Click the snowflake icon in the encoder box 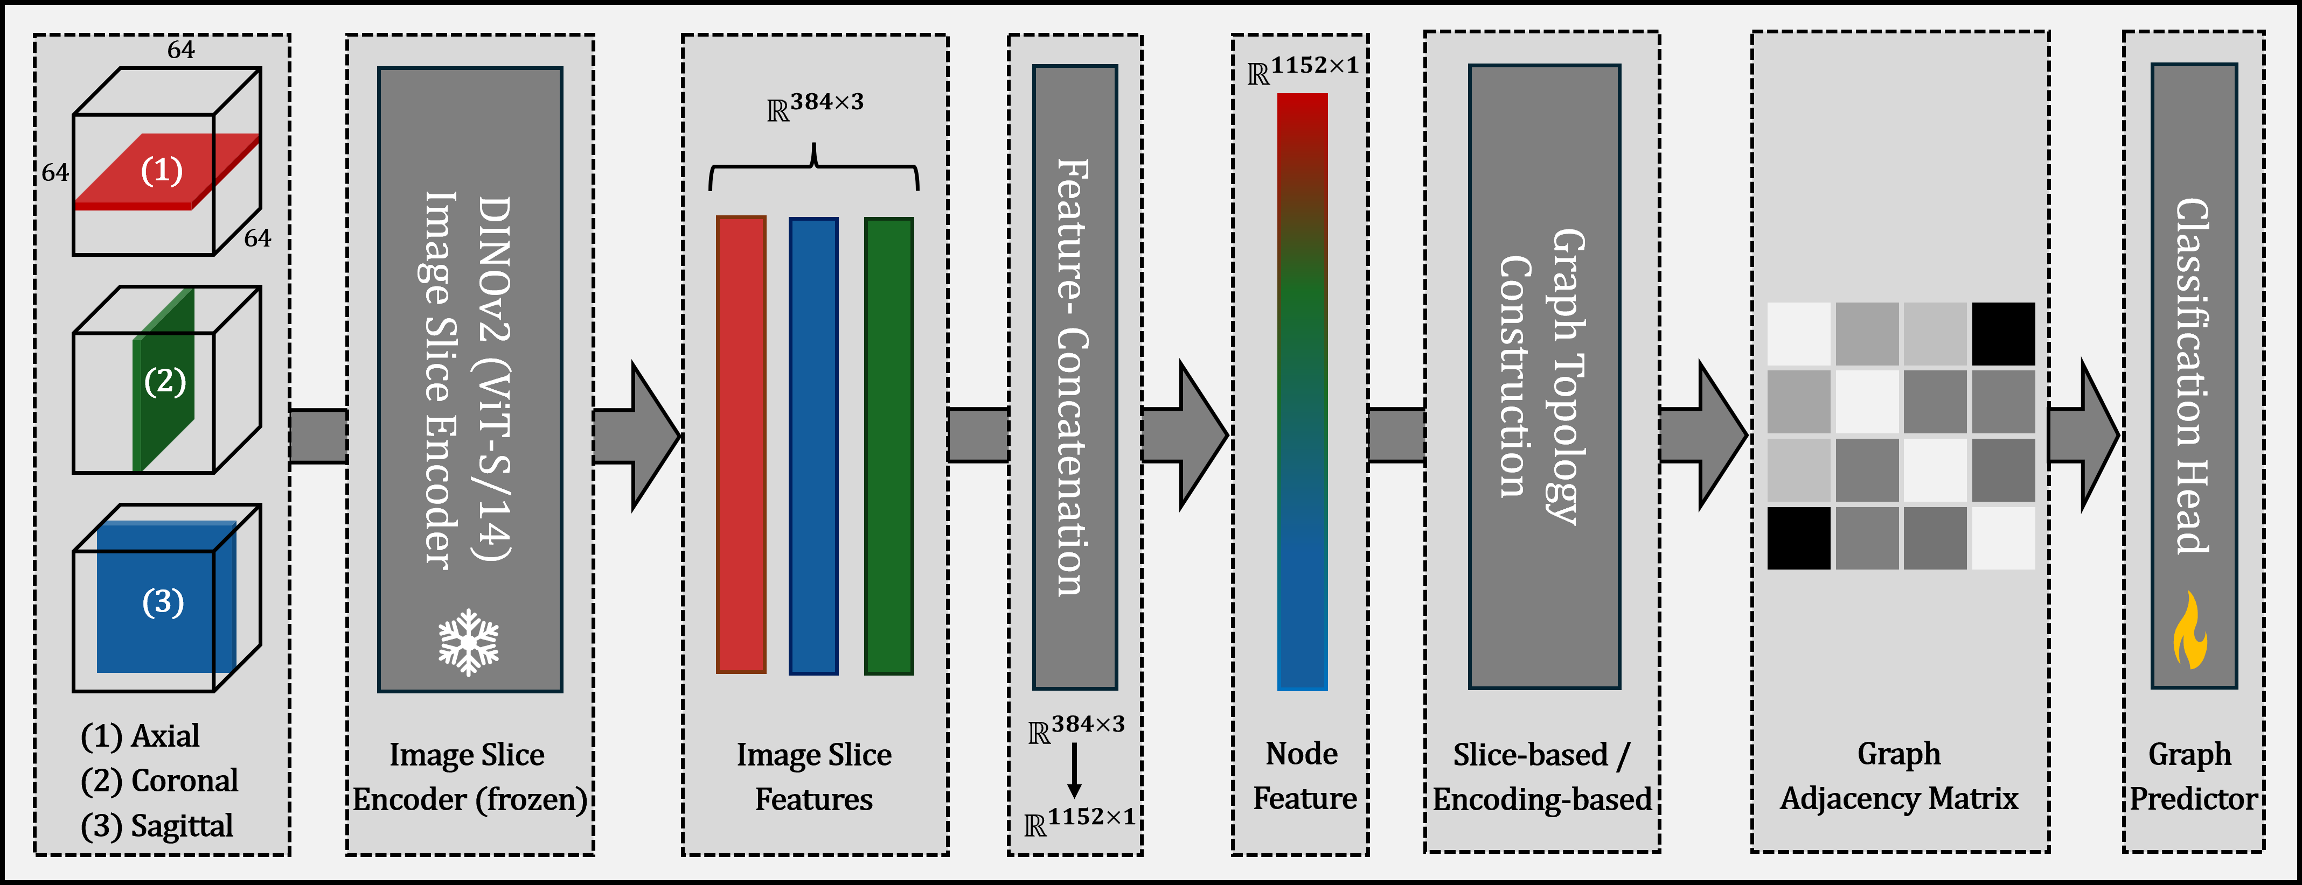468,642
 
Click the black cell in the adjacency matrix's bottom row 1798,538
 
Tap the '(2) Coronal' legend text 159,781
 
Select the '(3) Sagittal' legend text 157,825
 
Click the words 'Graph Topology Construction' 1543,375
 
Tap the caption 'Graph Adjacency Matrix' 1899,775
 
